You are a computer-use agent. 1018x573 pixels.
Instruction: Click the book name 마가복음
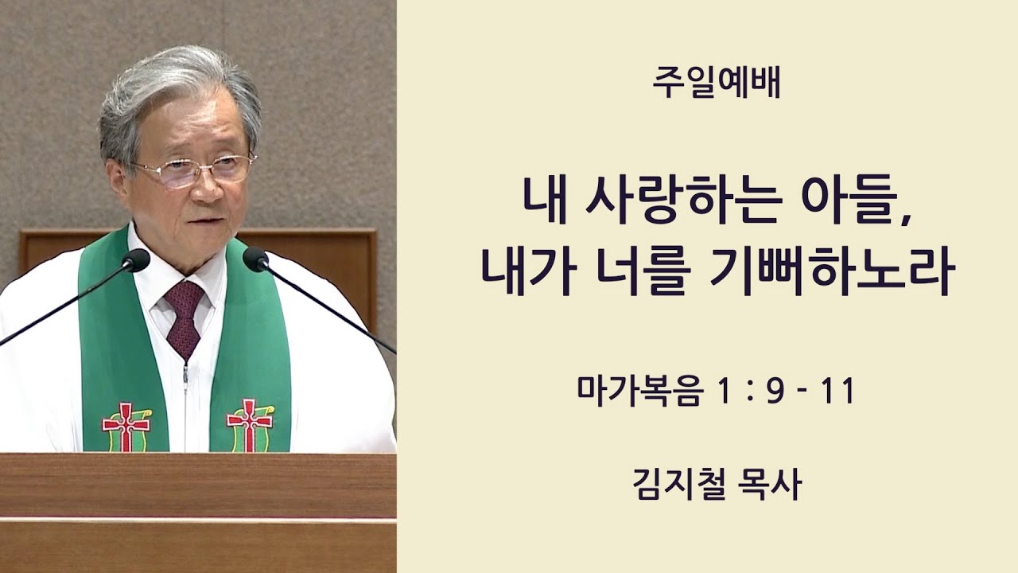(639, 392)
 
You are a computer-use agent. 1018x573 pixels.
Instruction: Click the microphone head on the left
(135, 260)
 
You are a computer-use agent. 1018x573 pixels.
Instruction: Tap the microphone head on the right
(255, 259)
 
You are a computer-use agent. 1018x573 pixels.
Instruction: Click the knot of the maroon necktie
(184, 298)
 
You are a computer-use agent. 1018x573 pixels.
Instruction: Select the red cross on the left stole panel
(126, 425)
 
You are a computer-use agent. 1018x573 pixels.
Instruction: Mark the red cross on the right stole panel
(250, 424)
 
